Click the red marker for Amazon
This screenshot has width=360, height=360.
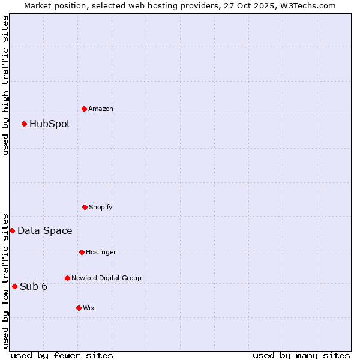(85, 109)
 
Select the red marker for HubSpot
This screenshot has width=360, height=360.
(25, 124)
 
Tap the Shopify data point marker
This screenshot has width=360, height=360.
(85, 207)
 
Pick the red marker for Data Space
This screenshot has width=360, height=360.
(12, 230)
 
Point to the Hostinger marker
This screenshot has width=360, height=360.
(82, 252)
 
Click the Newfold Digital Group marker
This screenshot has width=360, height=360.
(67, 278)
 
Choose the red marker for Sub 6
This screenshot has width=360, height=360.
(14, 286)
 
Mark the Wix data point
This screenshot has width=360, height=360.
(79, 308)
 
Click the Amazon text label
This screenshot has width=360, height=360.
(101, 109)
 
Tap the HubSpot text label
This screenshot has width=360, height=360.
(50, 124)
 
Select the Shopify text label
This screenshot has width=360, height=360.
(101, 207)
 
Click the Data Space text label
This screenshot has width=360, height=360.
(45, 231)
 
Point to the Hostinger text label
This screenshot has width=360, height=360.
(101, 252)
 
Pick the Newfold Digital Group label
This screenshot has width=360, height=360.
(106, 278)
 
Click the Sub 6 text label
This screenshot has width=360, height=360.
(34, 286)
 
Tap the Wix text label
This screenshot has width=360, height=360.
(89, 308)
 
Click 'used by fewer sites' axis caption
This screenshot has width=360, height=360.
(62, 355)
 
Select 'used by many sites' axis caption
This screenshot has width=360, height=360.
(301, 355)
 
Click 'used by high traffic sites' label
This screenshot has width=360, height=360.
(5, 85)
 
